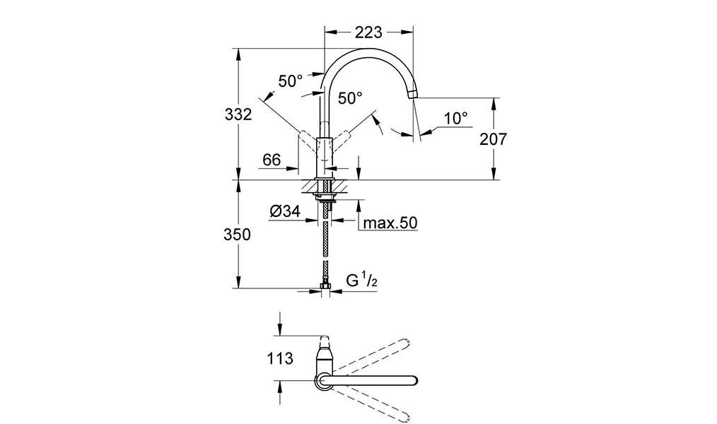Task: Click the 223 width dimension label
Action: pos(368,33)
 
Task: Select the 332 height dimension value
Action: pos(238,114)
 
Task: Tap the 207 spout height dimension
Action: pos(494,139)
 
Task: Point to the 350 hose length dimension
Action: pos(238,235)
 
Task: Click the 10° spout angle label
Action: pos(456,118)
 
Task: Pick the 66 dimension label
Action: pos(272,160)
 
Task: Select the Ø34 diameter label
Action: pos(285,211)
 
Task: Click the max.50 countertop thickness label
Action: pos(390,223)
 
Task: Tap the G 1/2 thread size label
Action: pos(362,280)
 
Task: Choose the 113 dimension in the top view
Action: pos(279,359)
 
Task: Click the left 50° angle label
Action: pos(291,81)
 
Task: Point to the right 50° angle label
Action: pos(350,98)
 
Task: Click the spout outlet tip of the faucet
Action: pos(412,94)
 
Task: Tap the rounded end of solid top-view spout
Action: pos(414,380)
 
